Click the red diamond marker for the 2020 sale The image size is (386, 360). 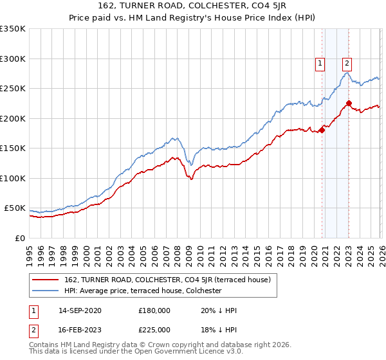(322, 130)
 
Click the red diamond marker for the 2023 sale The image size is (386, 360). (349, 103)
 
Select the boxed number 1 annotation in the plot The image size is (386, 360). (320, 63)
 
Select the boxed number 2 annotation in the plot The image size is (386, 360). (347, 63)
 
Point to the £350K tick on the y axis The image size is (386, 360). (13, 29)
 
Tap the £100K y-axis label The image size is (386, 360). (13, 178)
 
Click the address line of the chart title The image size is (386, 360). (193, 8)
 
